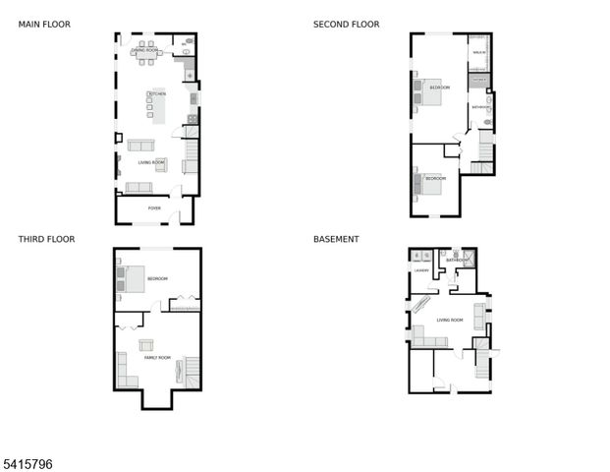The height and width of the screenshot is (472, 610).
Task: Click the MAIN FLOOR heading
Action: point(44,25)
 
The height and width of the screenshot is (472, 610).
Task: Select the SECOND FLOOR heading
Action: point(346,25)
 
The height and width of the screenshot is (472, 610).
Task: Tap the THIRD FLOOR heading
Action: point(46,239)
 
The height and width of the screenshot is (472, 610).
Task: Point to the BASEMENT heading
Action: point(336,239)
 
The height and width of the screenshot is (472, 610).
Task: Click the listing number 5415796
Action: point(27,459)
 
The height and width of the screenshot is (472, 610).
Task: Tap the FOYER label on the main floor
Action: point(154,208)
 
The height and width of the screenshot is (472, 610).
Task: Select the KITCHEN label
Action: point(156,93)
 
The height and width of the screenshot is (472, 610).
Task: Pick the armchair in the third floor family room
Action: point(146,344)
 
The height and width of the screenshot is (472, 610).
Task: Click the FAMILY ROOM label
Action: point(158,357)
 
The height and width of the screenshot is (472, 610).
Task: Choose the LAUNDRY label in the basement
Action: point(422,268)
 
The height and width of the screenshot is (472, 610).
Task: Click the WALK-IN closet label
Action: point(479,52)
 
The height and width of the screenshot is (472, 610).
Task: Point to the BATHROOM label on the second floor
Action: point(480,106)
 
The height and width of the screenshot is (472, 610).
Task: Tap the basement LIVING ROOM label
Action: point(450,320)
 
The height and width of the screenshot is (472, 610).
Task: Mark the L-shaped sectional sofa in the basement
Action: point(428,340)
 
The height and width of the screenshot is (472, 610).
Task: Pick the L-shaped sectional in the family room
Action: point(126,370)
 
